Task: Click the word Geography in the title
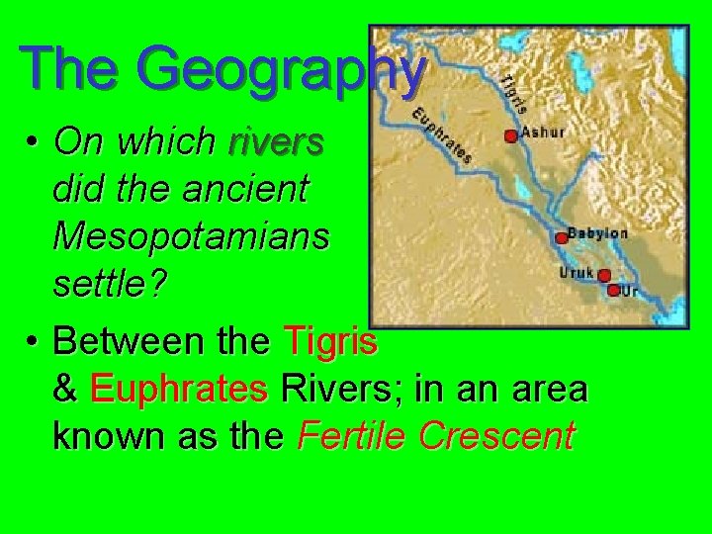[282, 71]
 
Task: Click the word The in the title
[72, 69]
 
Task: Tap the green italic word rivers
[275, 142]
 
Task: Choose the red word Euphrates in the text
[178, 389]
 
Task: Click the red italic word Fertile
[347, 436]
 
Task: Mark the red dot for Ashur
[510, 136]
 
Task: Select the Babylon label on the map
[599, 234]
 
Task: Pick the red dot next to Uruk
[603, 276]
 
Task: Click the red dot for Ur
[613, 290]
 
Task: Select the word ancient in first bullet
[251, 189]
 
